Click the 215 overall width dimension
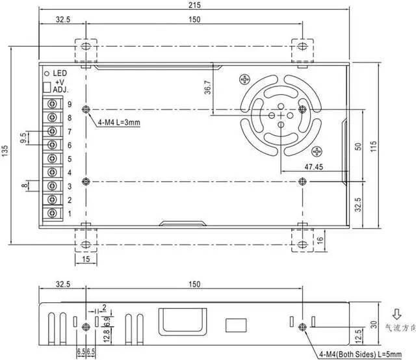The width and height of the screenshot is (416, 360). [x=195, y=5]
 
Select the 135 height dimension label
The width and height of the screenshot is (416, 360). [x=5, y=151]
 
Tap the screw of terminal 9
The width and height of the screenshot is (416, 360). [x=52, y=104]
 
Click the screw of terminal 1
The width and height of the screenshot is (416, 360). [x=52, y=213]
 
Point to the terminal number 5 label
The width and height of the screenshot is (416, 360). [x=70, y=159]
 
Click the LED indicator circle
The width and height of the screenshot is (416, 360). [x=47, y=73]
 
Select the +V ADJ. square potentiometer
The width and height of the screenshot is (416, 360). [x=47, y=87]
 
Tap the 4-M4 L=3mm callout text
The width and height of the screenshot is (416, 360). [x=119, y=122]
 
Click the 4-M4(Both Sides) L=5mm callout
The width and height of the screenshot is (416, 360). [x=360, y=354]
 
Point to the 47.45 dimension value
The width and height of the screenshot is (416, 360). [x=313, y=167]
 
